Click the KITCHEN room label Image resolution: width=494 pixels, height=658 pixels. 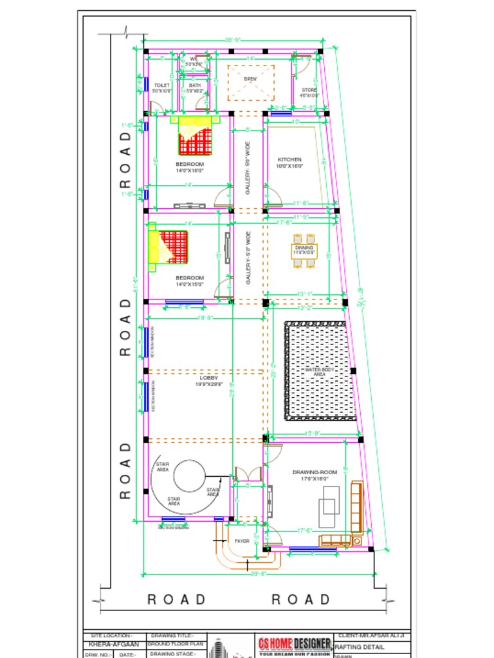pyautogui.click(x=289, y=159)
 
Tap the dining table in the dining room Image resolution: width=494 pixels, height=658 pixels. pyautogui.click(x=304, y=251)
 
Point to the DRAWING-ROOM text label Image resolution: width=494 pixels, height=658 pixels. pyautogui.click(x=310, y=472)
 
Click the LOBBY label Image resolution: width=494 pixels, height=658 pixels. pyautogui.click(x=208, y=378)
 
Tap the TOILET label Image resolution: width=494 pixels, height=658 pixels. pyautogui.click(x=161, y=85)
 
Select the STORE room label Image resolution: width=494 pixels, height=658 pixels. pyautogui.click(x=309, y=90)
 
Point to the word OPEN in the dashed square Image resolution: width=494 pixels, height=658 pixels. pyautogui.click(x=251, y=79)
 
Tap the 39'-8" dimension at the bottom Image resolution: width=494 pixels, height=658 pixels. pyautogui.click(x=258, y=573)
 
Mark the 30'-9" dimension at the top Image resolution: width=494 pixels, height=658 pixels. pyautogui.click(x=232, y=40)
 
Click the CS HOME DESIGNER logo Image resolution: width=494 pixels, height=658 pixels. pyautogui.click(x=295, y=643)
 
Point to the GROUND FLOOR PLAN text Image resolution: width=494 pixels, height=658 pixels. pyautogui.click(x=176, y=643)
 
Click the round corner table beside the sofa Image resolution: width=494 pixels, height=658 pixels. pyautogui.click(x=356, y=542)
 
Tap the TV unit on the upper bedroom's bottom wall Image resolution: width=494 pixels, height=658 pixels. pyautogui.click(x=188, y=206)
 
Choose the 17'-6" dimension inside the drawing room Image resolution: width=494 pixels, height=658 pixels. pyautogui.click(x=304, y=531)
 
